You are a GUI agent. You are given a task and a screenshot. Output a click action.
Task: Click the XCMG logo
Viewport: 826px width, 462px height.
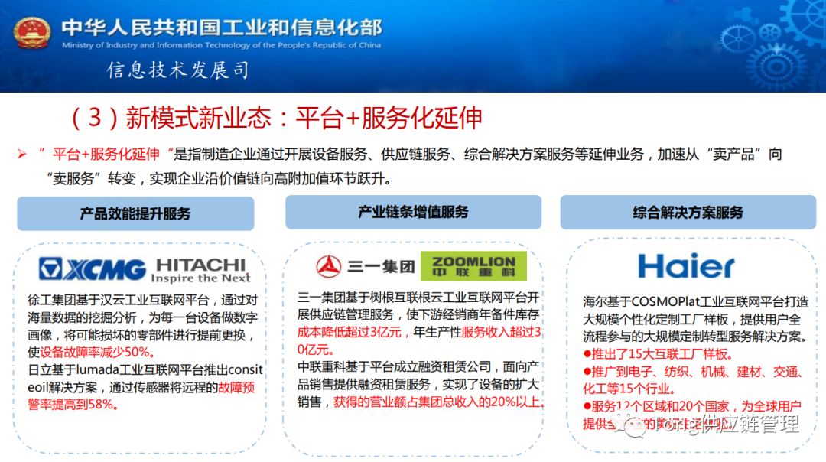click(x=93, y=269)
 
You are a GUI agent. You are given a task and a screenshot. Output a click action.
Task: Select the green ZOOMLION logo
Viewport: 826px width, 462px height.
click(x=473, y=266)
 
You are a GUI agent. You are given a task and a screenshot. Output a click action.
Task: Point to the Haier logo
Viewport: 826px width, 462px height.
click(x=686, y=266)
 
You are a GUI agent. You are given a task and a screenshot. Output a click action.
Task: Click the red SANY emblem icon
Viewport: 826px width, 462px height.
click(x=330, y=266)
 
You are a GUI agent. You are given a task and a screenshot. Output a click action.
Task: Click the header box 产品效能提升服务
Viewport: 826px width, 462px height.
click(x=135, y=213)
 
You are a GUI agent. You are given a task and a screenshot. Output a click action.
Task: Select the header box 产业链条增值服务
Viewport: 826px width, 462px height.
click(x=413, y=212)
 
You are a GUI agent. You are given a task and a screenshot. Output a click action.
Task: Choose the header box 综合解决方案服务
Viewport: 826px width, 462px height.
click(x=688, y=212)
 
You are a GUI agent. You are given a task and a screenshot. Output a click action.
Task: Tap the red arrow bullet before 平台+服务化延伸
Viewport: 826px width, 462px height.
click(x=22, y=155)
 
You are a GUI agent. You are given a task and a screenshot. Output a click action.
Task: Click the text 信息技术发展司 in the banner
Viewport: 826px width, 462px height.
click(x=178, y=71)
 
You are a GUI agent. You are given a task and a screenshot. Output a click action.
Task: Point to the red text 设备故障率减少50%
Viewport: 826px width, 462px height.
click(x=102, y=352)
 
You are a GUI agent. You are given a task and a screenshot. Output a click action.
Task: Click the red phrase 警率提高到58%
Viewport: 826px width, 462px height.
click(x=73, y=404)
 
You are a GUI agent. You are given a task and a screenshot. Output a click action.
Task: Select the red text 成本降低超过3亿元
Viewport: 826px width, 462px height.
click(x=339, y=333)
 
